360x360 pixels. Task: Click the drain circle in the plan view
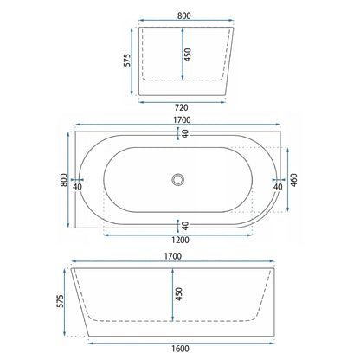[177, 179]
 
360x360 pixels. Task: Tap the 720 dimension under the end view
[182, 107]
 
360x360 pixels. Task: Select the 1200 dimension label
[180, 240]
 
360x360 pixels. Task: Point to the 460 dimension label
[293, 180]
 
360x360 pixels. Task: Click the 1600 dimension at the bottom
[180, 349]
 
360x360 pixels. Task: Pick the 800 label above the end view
[184, 16]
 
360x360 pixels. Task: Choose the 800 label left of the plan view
[64, 180]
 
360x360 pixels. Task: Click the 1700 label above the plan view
[182, 119]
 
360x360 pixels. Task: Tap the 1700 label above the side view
[173, 256]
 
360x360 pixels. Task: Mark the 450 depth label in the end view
[188, 55]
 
